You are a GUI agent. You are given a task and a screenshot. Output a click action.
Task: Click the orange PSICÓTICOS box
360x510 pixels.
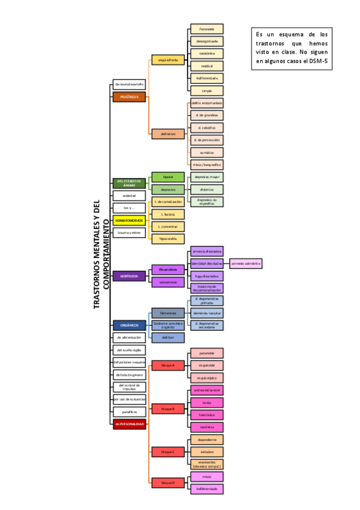click(129, 97)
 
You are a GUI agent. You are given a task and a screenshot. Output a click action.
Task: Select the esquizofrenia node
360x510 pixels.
click(168, 60)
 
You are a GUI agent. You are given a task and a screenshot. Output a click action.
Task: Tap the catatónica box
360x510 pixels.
click(207, 54)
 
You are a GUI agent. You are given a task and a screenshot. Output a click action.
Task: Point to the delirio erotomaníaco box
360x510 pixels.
click(207, 103)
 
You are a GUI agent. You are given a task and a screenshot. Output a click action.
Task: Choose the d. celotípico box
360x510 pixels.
click(207, 127)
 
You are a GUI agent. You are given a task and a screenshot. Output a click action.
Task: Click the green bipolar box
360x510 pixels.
click(168, 177)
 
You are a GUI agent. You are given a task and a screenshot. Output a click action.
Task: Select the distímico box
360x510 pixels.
click(207, 189)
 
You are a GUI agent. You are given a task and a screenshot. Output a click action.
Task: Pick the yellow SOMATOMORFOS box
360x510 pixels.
click(129, 220)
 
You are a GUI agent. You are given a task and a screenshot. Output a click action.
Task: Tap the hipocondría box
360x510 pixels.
click(168, 239)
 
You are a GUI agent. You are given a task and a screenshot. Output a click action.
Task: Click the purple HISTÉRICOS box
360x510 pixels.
click(129, 276)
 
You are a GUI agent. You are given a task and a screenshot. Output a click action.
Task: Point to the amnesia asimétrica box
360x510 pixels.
click(246, 263)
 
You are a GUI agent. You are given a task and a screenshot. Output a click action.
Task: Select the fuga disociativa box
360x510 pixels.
click(207, 275)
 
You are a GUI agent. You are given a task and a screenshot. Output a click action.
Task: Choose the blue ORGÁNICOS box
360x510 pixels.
click(129, 325)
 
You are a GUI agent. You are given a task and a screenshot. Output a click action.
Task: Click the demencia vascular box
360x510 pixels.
click(207, 313)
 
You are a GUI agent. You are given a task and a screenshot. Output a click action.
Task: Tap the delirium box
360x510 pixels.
click(168, 337)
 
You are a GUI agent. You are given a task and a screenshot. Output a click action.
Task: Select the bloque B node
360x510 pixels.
click(168, 409)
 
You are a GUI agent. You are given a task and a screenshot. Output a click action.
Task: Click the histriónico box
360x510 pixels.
click(207, 414)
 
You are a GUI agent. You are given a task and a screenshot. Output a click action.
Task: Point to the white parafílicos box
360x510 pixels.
click(129, 412)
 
